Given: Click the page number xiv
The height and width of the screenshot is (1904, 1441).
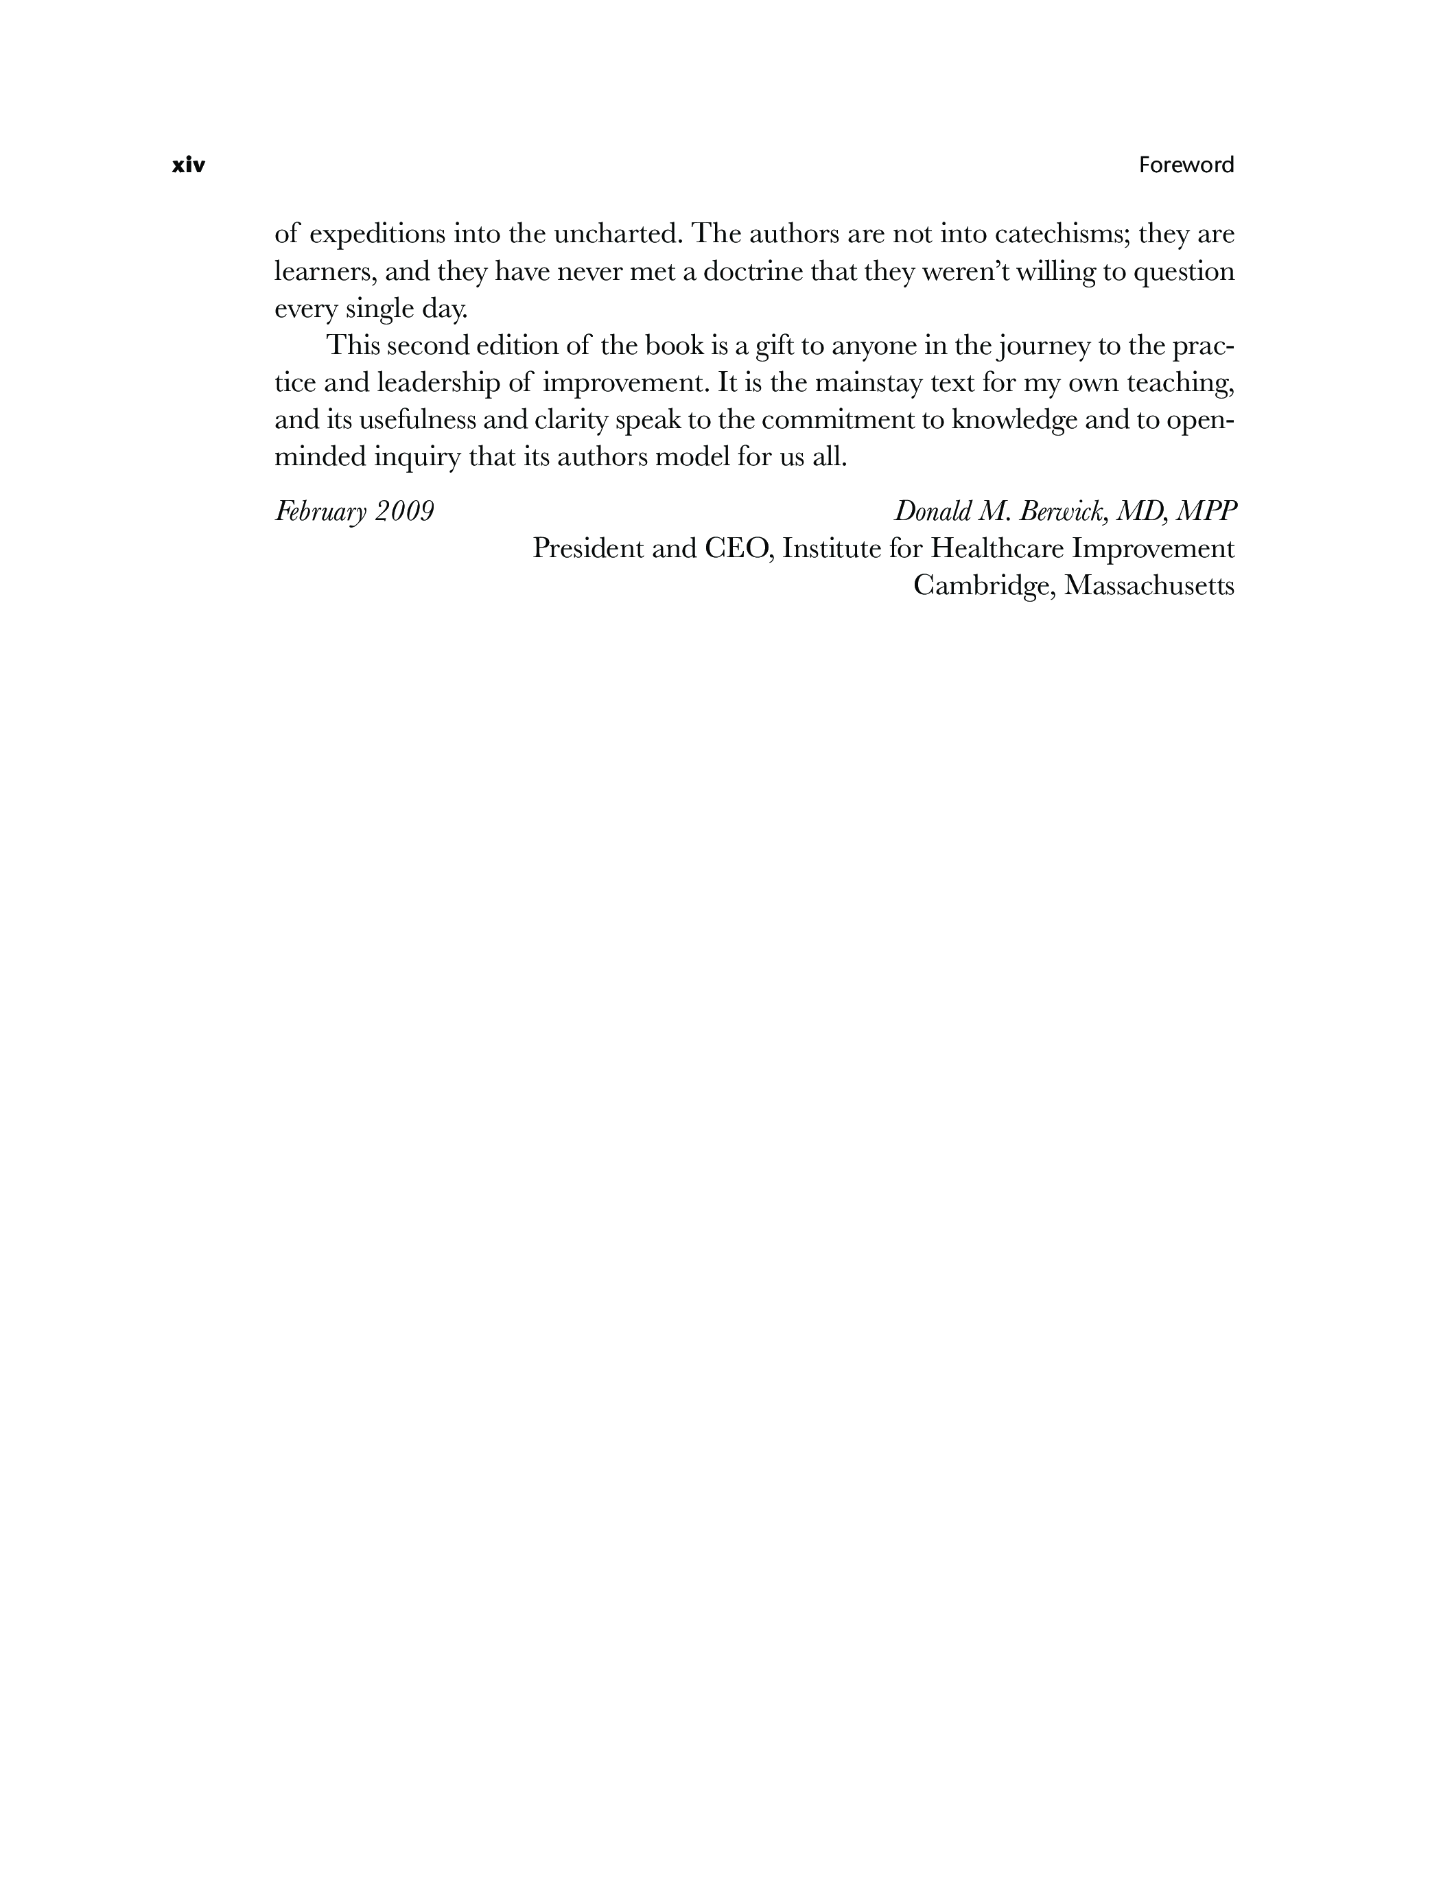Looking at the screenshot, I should [x=189, y=165].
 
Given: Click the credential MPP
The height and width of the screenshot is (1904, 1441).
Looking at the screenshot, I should [x=1206, y=511].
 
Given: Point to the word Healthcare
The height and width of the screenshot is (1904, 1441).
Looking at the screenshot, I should [x=997, y=548].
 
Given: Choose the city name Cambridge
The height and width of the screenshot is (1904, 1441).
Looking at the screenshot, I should [x=981, y=586].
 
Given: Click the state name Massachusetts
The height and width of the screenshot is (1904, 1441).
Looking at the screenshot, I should [x=1149, y=585].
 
